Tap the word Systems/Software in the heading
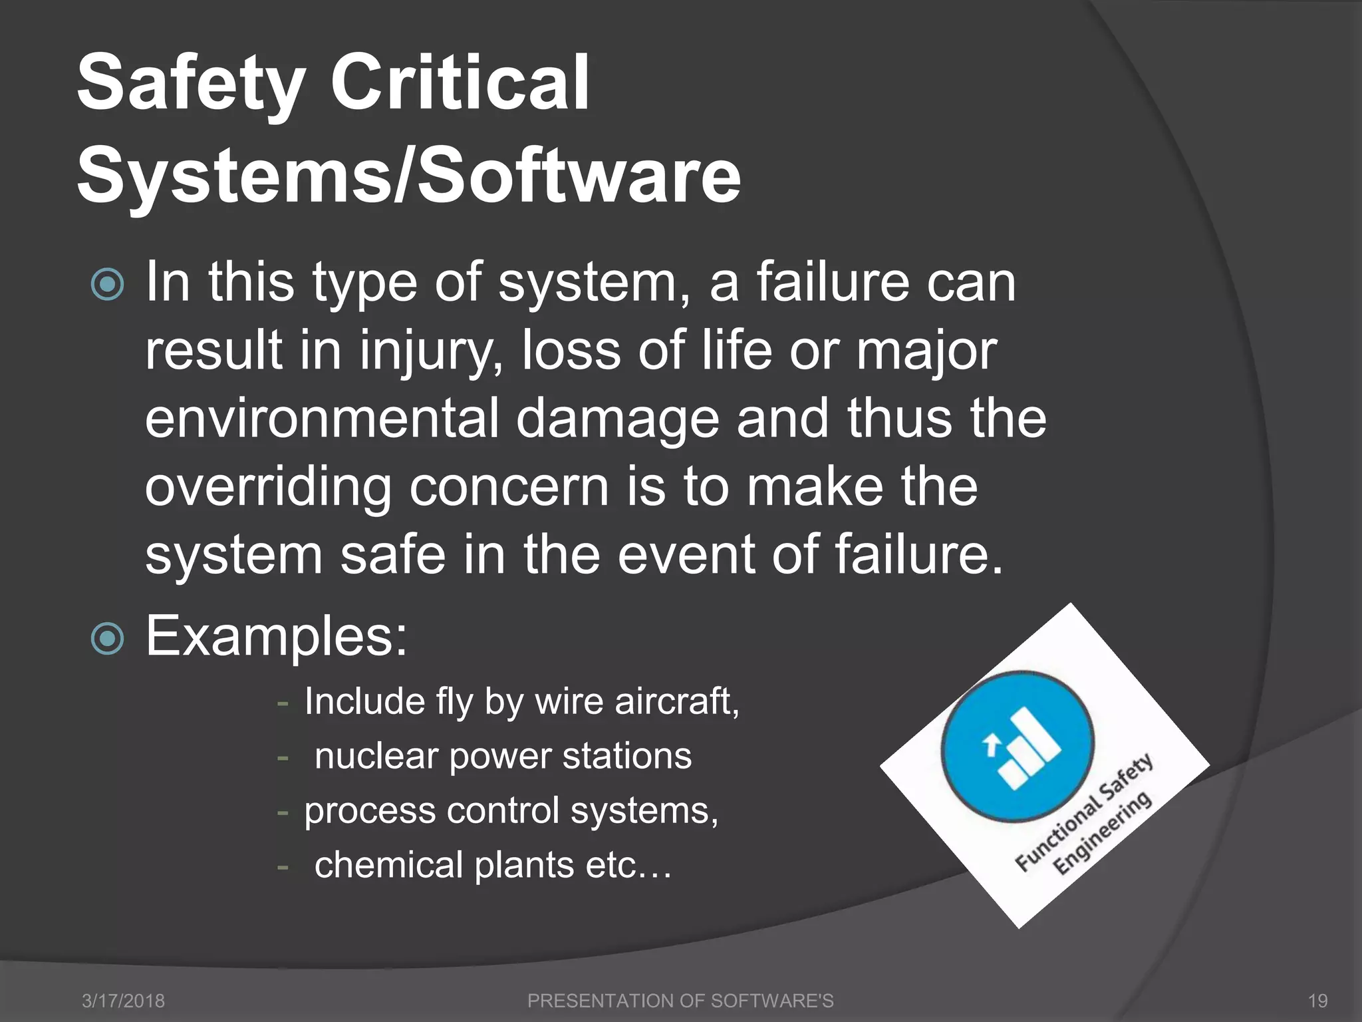(408, 176)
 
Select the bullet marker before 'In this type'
(107, 285)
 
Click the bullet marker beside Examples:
(107, 639)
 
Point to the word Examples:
(276, 636)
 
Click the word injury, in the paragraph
(431, 351)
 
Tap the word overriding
(268, 488)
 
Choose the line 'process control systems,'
(511, 811)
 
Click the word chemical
(388, 865)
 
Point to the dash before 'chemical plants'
(283, 867)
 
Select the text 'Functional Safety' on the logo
(1084, 813)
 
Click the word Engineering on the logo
(1102, 833)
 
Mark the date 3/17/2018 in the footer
(123, 1001)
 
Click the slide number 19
(1317, 1001)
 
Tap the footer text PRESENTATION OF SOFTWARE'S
(680, 1001)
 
